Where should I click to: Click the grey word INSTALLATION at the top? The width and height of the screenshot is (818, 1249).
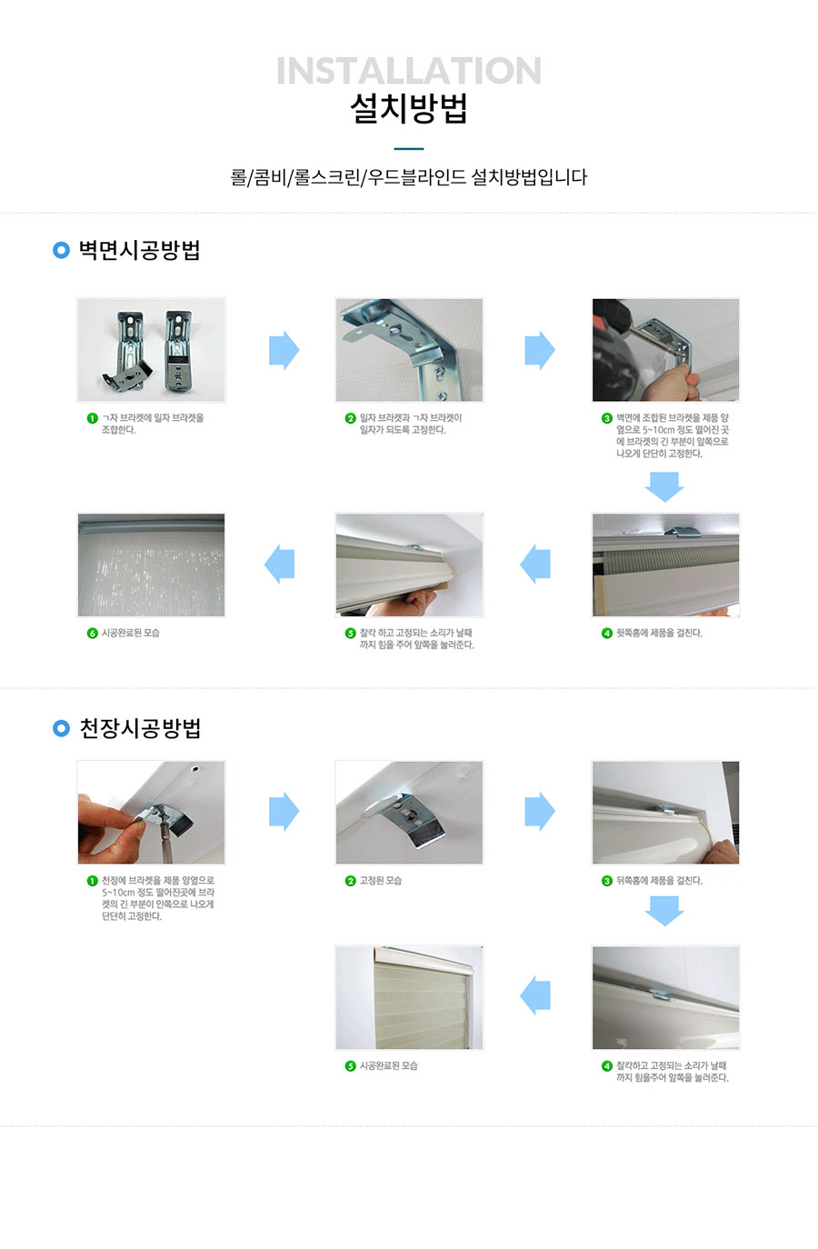(x=409, y=71)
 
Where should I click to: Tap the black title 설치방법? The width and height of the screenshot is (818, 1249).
(x=409, y=108)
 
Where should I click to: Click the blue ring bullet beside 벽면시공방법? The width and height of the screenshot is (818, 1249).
(x=61, y=250)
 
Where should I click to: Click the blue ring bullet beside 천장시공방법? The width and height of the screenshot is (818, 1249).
(x=61, y=728)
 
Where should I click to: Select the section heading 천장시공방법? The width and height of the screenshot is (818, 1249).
(x=140, y=728)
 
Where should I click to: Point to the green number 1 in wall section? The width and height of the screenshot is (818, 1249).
(x=93, y=418)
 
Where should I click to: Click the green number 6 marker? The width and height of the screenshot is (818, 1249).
(x=93, y=634)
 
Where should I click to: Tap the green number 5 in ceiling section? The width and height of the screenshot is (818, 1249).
(x=350, y=1066)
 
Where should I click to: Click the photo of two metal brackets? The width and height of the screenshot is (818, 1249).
(x=151, y=350)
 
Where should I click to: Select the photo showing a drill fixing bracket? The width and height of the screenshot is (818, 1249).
(x=666, y=350)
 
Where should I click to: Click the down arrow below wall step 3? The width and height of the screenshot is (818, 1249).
(x=664, y=486)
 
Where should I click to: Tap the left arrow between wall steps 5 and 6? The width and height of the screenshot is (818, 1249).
(x=279, y=564)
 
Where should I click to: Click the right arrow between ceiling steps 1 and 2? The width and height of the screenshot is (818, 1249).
(x=284, y=811)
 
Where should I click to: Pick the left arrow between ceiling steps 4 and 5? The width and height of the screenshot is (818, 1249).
(x=535, y=995)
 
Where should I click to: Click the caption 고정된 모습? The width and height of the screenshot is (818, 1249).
(x=381, y=881)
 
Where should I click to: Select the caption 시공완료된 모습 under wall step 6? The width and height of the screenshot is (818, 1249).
(x=131, y=634)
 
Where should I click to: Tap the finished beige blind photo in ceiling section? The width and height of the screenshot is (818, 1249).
(x=409, y=997)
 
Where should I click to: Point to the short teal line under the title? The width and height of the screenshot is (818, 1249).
(x=409, y=149)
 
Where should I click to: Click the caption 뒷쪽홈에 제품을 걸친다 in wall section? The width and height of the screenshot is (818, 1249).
(x=659, y=634)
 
